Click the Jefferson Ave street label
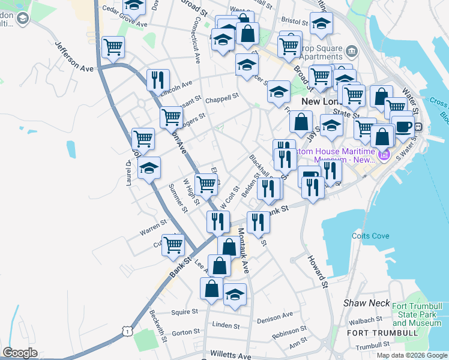74,56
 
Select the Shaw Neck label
367,303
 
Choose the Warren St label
153,227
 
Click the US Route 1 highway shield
126,331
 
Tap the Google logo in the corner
20,353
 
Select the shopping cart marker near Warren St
173,244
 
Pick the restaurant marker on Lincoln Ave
158,80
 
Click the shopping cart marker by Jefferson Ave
113,47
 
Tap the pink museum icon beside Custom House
384,156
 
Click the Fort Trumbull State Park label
417,314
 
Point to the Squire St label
184,312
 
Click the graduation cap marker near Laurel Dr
149,167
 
